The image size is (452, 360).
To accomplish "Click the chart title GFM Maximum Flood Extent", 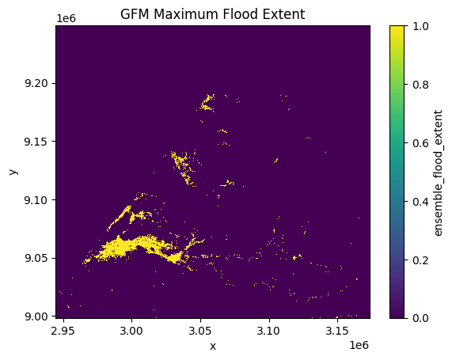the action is pos(212,14).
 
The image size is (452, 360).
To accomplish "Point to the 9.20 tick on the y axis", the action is pos(36,84).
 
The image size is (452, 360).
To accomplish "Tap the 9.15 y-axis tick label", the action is pos(36,142).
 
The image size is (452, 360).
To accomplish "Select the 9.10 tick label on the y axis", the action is pos(36,199).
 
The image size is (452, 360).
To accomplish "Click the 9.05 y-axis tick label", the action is pos(36,258).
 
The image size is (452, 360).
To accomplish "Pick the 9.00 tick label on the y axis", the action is pos(36,316).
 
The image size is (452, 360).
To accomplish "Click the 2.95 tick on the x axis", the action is pos(63,331).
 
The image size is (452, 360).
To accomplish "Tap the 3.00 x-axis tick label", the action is pos(132,331).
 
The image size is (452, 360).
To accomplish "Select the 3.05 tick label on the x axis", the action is pos(200,331).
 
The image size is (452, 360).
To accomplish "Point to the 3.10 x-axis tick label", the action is pos(268,331).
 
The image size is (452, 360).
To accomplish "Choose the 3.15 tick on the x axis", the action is pos(337,331).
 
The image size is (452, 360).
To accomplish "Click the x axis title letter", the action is pos(213,347).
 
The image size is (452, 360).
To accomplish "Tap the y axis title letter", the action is pos(13,172).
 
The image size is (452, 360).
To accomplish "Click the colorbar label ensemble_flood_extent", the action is pos(438,172).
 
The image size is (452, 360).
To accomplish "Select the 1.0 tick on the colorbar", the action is pos(420,26).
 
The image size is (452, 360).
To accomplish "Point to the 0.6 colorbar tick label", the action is pos(420,143).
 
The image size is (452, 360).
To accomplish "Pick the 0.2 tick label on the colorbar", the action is pos(420,260).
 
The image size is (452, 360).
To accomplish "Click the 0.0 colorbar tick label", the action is pos(420,318).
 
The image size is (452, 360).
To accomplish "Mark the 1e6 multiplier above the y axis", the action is pos(66,18).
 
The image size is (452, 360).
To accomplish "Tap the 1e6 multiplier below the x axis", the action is pos(359,345).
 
